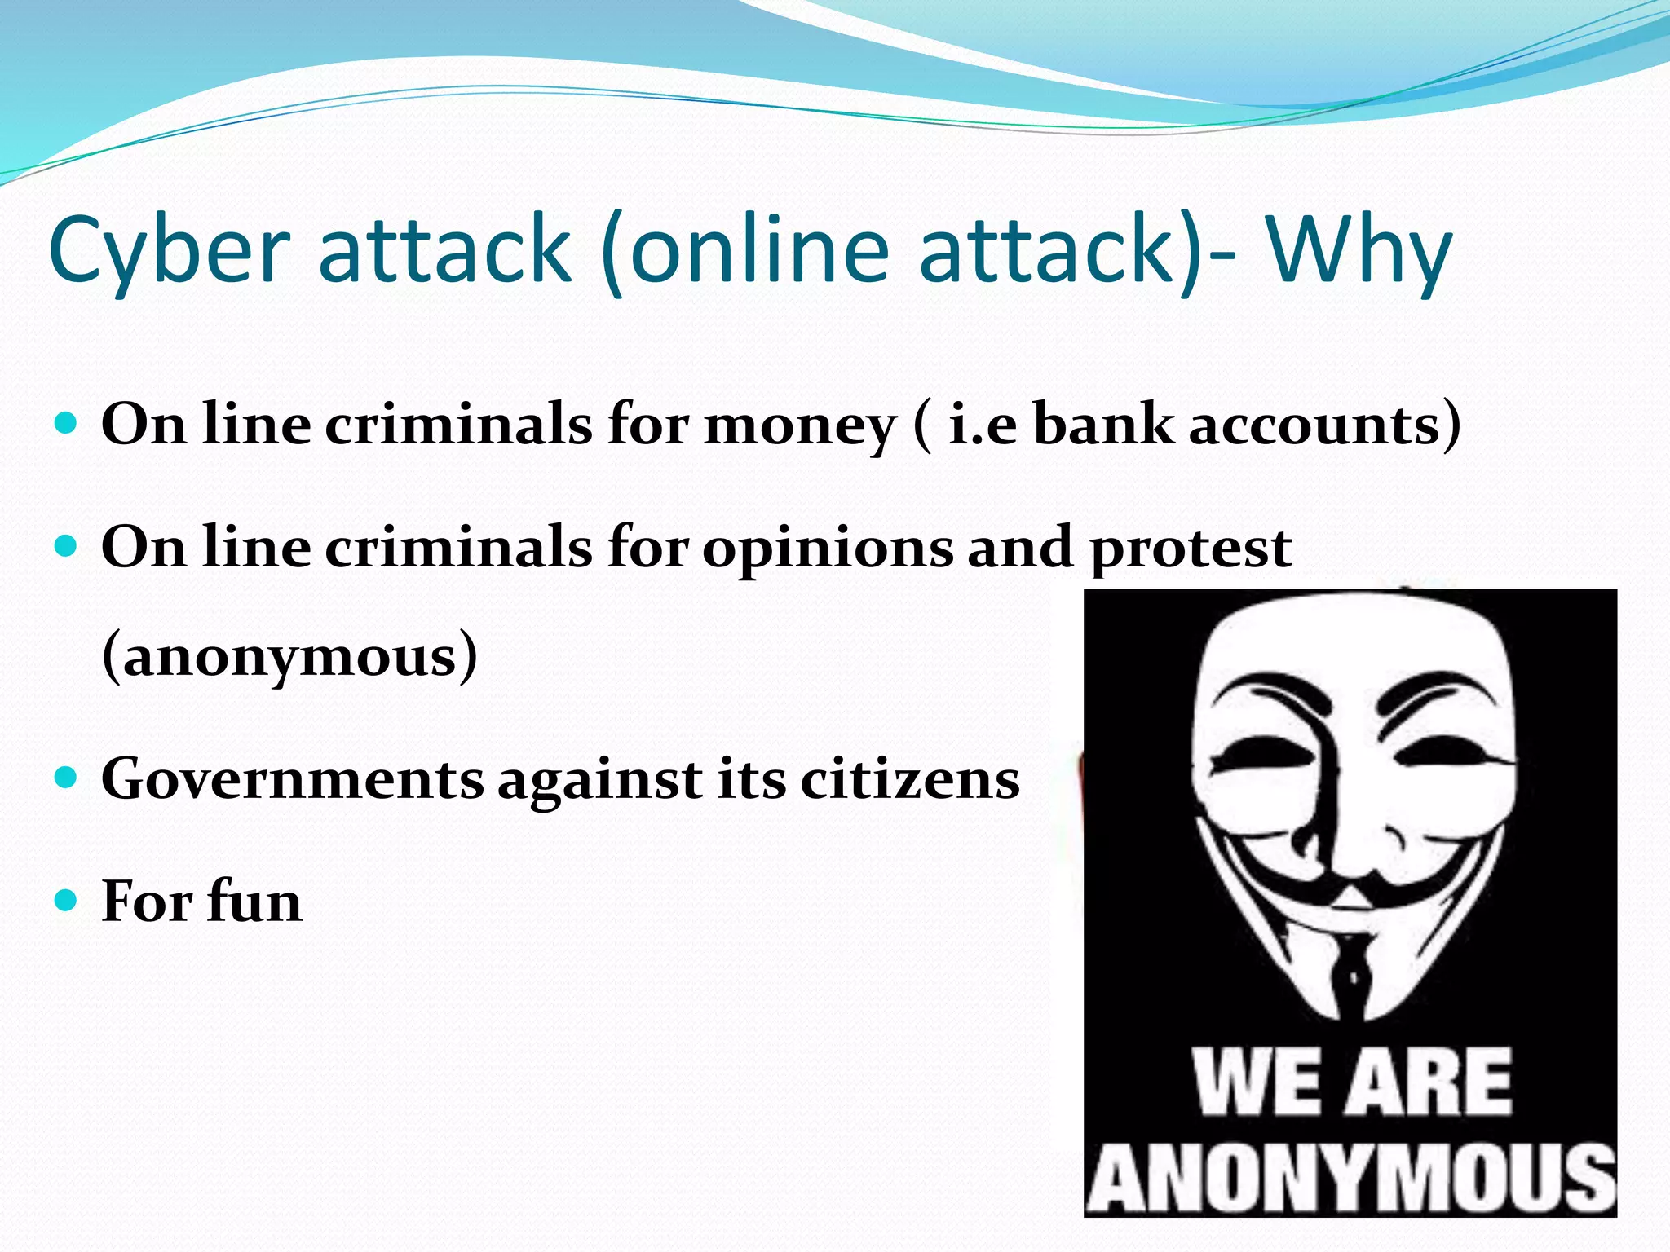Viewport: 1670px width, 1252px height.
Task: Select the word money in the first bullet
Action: click(x=799, y=426)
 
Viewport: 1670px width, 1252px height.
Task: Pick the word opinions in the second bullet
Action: click(x=828, y=548)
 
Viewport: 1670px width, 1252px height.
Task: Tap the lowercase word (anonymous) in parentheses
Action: click(x=289, y=656)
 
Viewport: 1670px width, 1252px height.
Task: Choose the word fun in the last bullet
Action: click(x=254, y=902)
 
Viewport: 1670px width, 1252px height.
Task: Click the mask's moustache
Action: click(x=1354, y=888)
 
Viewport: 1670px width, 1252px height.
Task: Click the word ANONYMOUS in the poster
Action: click(x=1350, y=1178)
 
